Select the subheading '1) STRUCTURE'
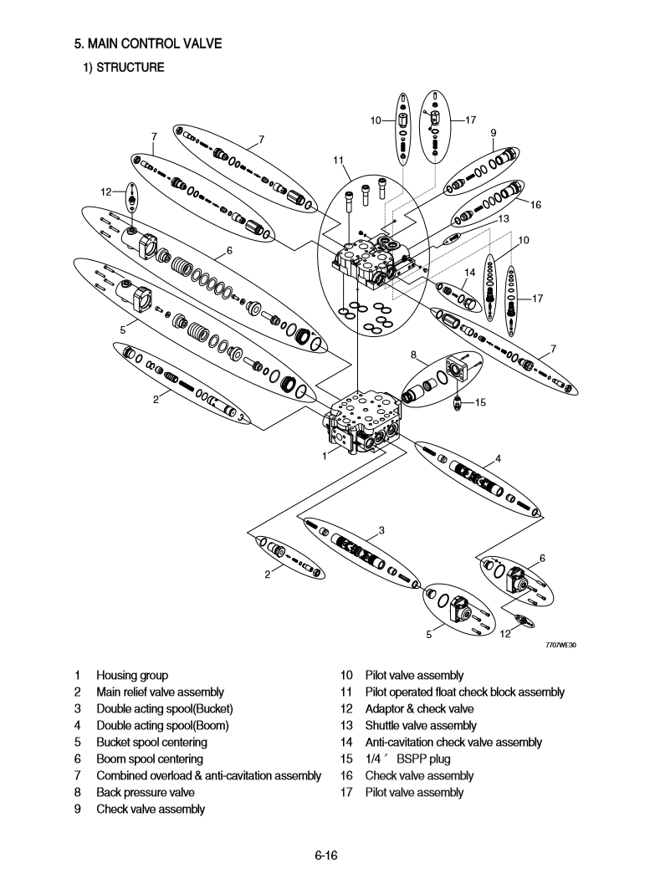[122, 68]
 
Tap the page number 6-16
[325, 855]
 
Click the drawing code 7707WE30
[560, 645]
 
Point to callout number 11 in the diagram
[337, 160]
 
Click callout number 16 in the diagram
[535, 204]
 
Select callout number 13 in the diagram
[504, 218]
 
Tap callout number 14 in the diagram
[469, 273]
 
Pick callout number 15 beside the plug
[480, 402]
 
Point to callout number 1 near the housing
[325, 456]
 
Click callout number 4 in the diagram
[498, 457]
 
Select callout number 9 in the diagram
[494, 132]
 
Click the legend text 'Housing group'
[132, 675]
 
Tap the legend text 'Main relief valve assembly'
[160, 692]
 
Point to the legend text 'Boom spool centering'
[149, 759]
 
